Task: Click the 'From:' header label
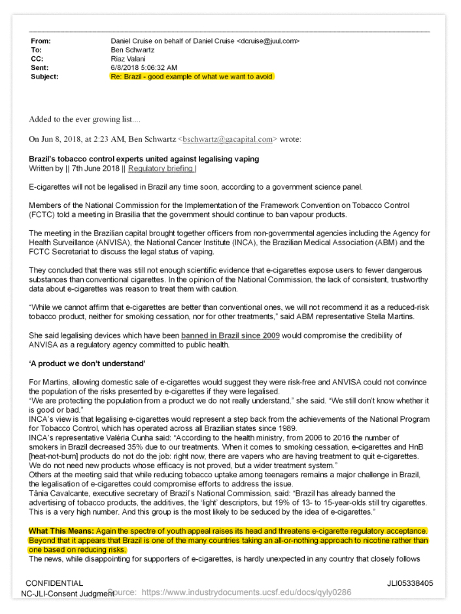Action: pyautogui.click(x=43, y=41)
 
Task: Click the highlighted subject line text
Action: pyautogui.click(x=191, y=76)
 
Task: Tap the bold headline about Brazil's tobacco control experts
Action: pyautogui.click(x=144, y=159)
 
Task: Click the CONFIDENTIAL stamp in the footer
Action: pyautogui.click(x=54, y=583)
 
